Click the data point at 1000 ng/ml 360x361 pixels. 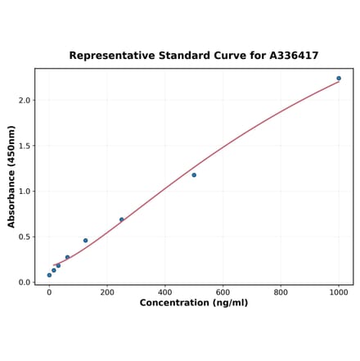(339, 79)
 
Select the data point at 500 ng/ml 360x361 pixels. (194, 175)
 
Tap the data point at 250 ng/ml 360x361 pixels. (122, 219)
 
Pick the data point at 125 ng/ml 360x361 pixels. (85, 241)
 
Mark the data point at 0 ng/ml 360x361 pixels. (49, 275)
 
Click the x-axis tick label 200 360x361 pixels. (107, 291)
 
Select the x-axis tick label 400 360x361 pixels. (165, 291)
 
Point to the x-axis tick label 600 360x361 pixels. (223, 291)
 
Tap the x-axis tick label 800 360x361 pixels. (281, 291)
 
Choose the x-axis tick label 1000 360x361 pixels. (339, 291)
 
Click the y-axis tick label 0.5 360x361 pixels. (24, 237)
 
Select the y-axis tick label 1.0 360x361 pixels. (24, 192)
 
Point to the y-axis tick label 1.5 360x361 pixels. (24, 147)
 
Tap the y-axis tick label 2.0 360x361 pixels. (24, 101)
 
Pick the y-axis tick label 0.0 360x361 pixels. (24, 282)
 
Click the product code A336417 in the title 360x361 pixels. (294, 56)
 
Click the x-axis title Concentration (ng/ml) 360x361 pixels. (194, 303)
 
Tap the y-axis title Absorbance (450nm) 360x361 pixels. (11, 177)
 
